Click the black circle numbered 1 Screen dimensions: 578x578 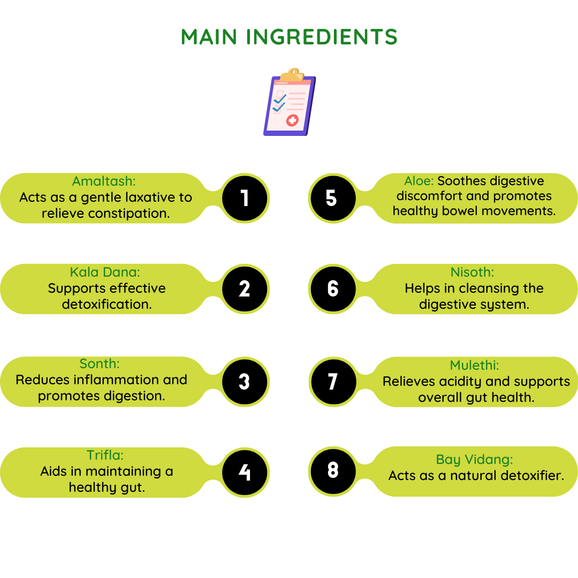[x=245, y=199]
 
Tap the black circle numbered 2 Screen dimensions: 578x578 [x=245, y=289]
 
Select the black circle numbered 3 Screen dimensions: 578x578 [x=245, y=382]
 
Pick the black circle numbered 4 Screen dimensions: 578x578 [x=245, y=473]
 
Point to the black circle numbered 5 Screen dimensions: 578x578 [x=333, y=199]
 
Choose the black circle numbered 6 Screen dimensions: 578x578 [x=333, y=289]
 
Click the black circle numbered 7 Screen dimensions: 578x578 [x=333, y=382]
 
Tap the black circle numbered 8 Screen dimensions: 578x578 [x=333, y=471]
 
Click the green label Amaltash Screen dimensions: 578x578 [x=104, y=181]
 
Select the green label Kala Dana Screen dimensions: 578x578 [x=105, y=272]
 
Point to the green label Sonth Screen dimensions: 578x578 [x=100, y=364]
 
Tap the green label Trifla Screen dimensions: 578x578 [x=105, y=455]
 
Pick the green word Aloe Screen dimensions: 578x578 [x=419, y=181]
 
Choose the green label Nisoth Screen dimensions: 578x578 [x=472, y=272]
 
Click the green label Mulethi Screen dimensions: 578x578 [x=474, y=366]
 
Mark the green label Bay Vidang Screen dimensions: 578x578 [x=474, y=460]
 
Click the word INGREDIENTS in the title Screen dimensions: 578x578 [x=322, y=37]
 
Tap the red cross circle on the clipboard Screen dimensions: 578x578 [x=292, y=120]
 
